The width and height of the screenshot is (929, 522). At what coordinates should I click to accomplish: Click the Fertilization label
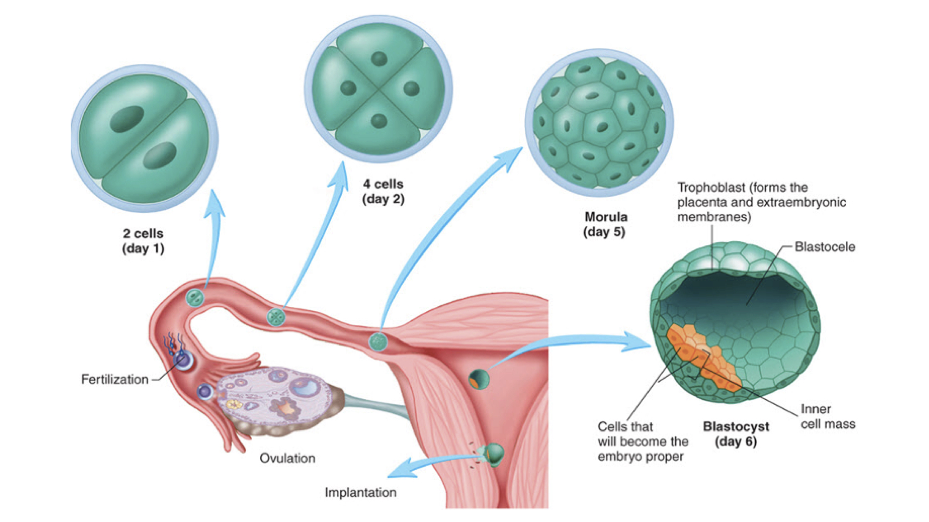114,379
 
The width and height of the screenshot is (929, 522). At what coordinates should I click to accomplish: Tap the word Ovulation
287,458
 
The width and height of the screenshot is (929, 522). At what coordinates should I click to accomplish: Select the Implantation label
360,493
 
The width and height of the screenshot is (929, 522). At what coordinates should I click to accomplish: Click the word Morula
606,217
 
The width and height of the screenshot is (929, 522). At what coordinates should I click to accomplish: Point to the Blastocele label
824,247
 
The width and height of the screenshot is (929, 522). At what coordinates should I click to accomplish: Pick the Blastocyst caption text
735,427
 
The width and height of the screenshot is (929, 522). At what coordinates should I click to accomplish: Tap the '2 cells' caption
143,234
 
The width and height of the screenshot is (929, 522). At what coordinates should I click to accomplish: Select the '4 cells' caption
383,184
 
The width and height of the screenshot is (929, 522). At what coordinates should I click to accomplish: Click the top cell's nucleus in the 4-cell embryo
379,59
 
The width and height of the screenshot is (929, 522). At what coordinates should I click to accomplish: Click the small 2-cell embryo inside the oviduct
195,298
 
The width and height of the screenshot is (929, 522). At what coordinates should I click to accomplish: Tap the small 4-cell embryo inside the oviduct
276,317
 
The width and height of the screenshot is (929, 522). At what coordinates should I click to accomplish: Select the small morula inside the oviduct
378,342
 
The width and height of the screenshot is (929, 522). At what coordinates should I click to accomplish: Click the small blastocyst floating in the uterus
479,378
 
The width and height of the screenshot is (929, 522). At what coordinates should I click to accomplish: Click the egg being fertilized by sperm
183,361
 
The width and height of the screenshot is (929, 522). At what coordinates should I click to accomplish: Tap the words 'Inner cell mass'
827,417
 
